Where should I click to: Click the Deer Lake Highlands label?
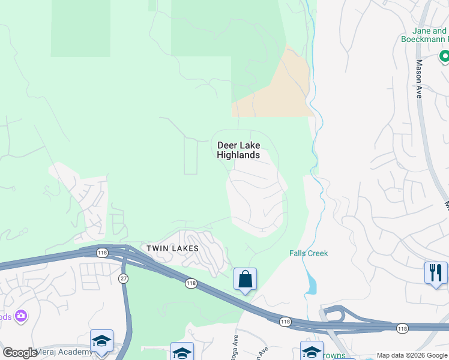[238, 150]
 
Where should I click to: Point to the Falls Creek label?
[309, 253]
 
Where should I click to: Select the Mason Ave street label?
[419, 79]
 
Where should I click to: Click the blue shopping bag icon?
[245, 279]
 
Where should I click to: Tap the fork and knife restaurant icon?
[436, 273]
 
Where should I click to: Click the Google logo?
[20, 353]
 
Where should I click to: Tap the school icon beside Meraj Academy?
[101, 341]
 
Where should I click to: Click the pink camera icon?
[22, 316]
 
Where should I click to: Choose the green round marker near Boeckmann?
[445, 57]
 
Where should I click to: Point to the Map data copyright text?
[412, 355]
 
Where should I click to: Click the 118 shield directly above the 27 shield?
[102, 253]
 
